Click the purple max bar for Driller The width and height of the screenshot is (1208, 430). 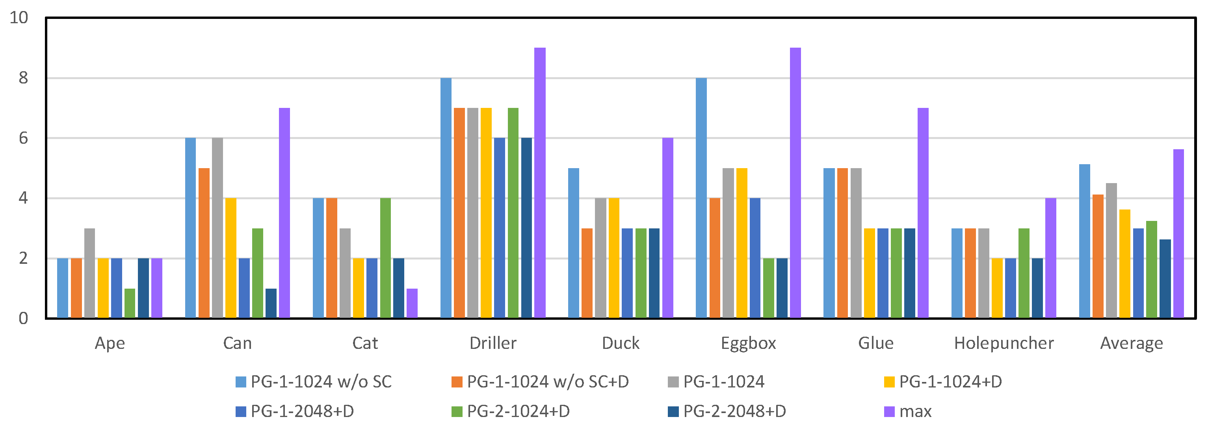540,183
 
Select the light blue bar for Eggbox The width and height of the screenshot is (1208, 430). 701,198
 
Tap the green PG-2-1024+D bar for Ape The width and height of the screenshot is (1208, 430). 130,303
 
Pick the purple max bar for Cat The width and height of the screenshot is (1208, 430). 412,303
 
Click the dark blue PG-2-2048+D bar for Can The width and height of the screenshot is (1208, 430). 271,303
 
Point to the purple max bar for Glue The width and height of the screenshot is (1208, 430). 923,213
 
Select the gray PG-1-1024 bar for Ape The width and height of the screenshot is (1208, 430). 89,273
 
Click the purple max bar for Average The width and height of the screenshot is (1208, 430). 1178,234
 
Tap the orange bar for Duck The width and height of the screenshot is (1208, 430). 587,273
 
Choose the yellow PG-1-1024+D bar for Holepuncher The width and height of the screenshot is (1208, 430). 997,288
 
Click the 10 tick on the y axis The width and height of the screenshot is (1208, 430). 19,18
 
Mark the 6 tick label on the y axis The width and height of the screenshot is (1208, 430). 23,138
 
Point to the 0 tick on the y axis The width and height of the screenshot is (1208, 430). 23,319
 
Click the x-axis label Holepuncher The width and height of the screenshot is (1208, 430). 1004,343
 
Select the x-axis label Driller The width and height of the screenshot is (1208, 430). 493,343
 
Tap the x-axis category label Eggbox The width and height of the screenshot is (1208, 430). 749,343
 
